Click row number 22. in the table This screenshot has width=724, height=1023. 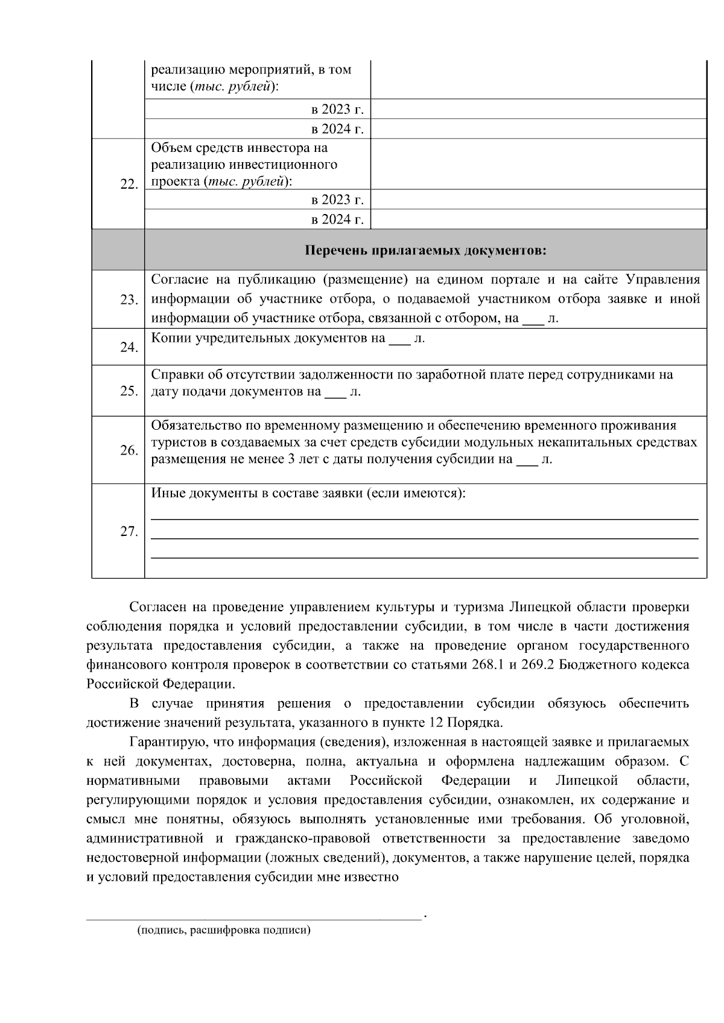coord(129,184)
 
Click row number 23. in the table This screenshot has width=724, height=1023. coord(129,300)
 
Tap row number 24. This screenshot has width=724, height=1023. coord(129,348)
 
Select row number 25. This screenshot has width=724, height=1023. coord(129,391)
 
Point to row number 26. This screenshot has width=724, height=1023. coord(129,450)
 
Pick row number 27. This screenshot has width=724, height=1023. coord(129,532)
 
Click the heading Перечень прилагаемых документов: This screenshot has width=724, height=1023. coord(425,250)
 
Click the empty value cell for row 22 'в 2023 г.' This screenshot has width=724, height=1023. coord(538,200)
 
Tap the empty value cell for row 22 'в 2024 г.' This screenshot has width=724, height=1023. coord(538,219)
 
